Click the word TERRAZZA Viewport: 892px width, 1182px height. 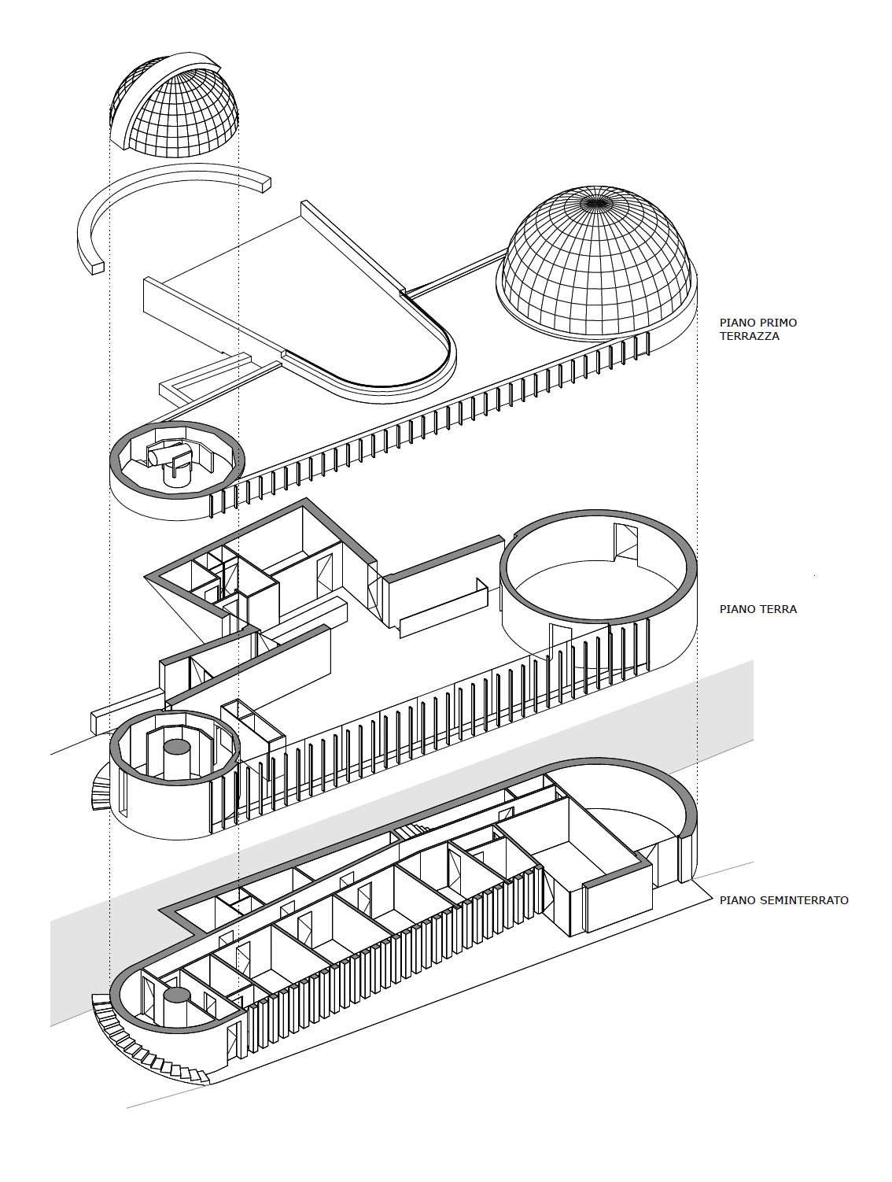750,336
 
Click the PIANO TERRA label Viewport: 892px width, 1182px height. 758,609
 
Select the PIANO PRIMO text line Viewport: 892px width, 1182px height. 758,323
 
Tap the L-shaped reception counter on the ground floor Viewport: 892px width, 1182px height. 444,608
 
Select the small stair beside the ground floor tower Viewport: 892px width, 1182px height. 101,789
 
